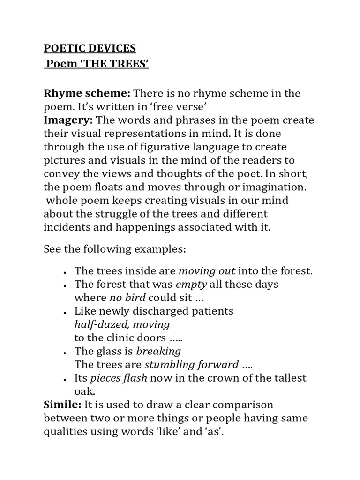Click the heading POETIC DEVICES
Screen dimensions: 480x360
click(x=90, y=48)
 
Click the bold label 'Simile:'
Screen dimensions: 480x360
click(x=62, y=405)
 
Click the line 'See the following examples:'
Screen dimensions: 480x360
click(x=115, y=249)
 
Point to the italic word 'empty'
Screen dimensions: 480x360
click(x=191, y=285)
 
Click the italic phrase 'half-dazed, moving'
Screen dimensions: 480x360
click(x=122, y=324)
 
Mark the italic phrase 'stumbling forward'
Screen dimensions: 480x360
click(x=192, y=365)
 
